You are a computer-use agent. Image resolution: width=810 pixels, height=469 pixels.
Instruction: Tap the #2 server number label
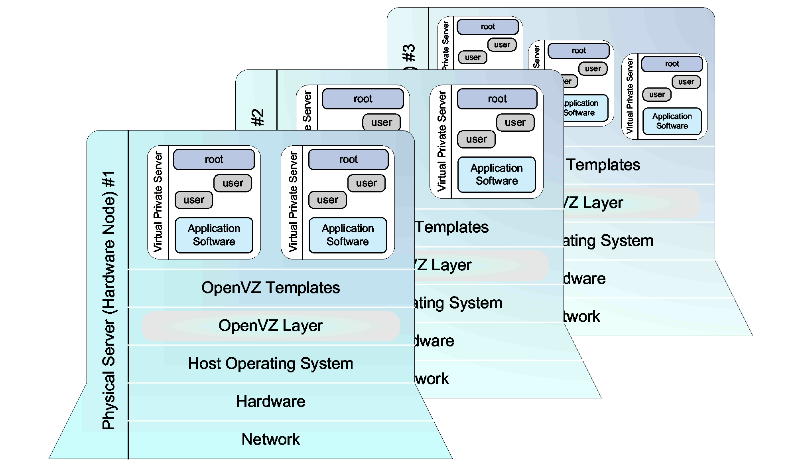258,118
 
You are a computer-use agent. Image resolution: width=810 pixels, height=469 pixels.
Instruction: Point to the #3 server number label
409,53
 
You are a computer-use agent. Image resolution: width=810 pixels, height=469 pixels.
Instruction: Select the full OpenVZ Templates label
270,288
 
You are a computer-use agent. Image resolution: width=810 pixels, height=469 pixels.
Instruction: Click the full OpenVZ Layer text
270,326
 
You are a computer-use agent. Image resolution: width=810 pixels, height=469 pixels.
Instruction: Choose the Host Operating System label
270,364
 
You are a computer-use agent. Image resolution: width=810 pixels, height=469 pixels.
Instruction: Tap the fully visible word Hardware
270,402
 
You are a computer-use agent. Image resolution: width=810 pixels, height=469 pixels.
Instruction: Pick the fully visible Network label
270,439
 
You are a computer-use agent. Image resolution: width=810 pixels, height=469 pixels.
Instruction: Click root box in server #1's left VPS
214,160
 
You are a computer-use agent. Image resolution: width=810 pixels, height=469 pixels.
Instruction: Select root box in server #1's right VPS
348,160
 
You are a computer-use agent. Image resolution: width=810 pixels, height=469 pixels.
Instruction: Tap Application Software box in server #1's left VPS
214,235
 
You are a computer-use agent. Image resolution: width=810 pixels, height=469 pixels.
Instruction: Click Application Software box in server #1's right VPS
348,235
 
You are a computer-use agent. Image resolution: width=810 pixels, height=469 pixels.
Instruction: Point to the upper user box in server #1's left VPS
233,183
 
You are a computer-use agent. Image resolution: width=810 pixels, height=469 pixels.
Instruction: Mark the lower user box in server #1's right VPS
327,200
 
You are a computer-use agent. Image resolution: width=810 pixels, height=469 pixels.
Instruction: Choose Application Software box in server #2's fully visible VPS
497,174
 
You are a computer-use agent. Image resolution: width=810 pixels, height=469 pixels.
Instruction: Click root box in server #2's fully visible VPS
497,99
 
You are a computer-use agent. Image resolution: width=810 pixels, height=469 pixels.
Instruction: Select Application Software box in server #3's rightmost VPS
672,121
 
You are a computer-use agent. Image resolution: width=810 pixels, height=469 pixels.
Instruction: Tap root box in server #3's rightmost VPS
672,64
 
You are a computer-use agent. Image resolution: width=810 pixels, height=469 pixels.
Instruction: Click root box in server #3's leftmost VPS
487,27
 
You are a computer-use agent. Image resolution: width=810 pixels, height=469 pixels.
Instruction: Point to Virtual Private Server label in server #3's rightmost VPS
630,96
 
